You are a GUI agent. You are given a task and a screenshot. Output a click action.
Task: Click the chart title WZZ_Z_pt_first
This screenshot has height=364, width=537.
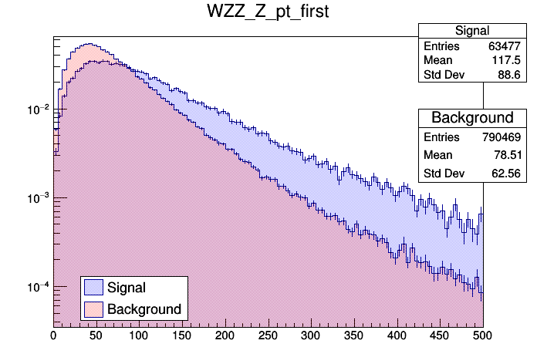point(268,12)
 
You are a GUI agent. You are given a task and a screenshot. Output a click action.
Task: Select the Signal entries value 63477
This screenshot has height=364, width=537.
point(507,46)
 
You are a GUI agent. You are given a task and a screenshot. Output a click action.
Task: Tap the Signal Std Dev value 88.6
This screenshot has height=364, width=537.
point(510,76)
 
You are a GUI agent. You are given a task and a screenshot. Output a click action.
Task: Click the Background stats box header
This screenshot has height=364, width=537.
point(472,118)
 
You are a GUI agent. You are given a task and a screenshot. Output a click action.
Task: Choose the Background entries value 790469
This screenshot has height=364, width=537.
point(504,137)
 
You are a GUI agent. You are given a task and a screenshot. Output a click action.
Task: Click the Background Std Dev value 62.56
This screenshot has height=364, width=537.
point(507,173)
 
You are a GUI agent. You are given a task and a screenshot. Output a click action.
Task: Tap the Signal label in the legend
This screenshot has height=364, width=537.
point(127,288)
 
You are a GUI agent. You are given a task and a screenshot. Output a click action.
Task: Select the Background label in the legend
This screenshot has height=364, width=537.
point(144,309)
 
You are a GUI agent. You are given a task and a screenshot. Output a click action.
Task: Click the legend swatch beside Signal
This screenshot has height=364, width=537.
point(93,288)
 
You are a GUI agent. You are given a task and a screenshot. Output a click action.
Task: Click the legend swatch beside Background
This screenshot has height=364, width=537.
point(93,309)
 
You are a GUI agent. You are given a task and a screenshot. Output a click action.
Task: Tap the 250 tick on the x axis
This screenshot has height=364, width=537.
point(268,335)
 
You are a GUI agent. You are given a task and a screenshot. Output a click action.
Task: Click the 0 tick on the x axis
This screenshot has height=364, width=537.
point(53,335)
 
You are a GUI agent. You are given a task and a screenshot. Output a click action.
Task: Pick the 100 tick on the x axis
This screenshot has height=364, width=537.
point(139,335)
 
